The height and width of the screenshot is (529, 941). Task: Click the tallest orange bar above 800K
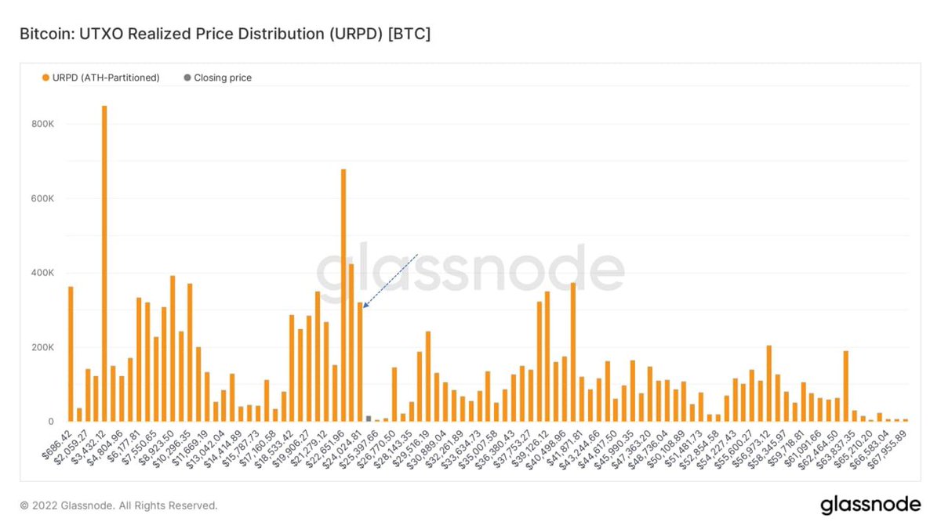104,263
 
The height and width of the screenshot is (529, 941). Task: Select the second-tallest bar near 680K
343,295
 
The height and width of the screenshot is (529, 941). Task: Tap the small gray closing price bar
369,418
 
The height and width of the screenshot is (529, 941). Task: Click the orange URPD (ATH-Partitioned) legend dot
45,78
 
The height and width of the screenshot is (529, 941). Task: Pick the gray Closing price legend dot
187,78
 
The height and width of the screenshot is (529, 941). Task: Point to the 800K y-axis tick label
42,124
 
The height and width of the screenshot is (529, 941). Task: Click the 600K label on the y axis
42,198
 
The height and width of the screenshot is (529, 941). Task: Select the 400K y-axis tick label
42,273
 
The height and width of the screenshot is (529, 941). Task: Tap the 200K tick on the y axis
42,347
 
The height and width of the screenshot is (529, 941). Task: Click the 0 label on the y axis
51,422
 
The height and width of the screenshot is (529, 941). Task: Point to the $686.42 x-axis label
56,444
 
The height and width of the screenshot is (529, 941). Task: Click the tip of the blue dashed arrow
363,308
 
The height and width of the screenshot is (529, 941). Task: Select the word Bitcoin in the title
47,34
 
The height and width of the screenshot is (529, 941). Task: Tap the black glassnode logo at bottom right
870,505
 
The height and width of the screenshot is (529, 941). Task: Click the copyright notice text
119,505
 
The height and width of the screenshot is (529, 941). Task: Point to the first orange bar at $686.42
71,354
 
